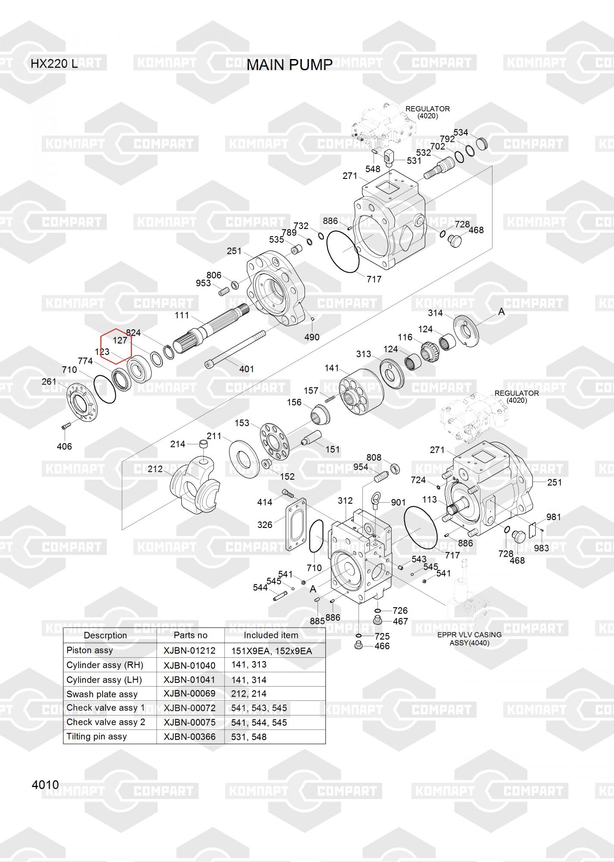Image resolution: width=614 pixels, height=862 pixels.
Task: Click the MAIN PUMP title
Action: point(290,65)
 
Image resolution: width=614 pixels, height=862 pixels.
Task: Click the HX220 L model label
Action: point(54,64)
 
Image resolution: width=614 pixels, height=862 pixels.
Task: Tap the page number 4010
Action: point(45,785)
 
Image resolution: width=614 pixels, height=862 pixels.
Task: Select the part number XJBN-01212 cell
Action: point(190,651)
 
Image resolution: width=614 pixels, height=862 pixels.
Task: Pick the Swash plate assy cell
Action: point(102,694)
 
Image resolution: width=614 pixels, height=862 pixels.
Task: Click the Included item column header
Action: point(271,635)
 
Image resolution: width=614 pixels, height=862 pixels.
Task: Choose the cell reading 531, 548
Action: point(249,737)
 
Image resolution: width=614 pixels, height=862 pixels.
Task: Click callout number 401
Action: point(246,369)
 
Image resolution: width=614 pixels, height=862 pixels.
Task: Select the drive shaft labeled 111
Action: point(215,328)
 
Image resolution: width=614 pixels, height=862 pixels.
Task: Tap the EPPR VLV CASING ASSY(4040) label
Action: point(469,639)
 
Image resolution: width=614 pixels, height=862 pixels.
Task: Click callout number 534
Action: point(461,132)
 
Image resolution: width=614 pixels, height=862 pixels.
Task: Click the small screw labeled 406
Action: point(65,426)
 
